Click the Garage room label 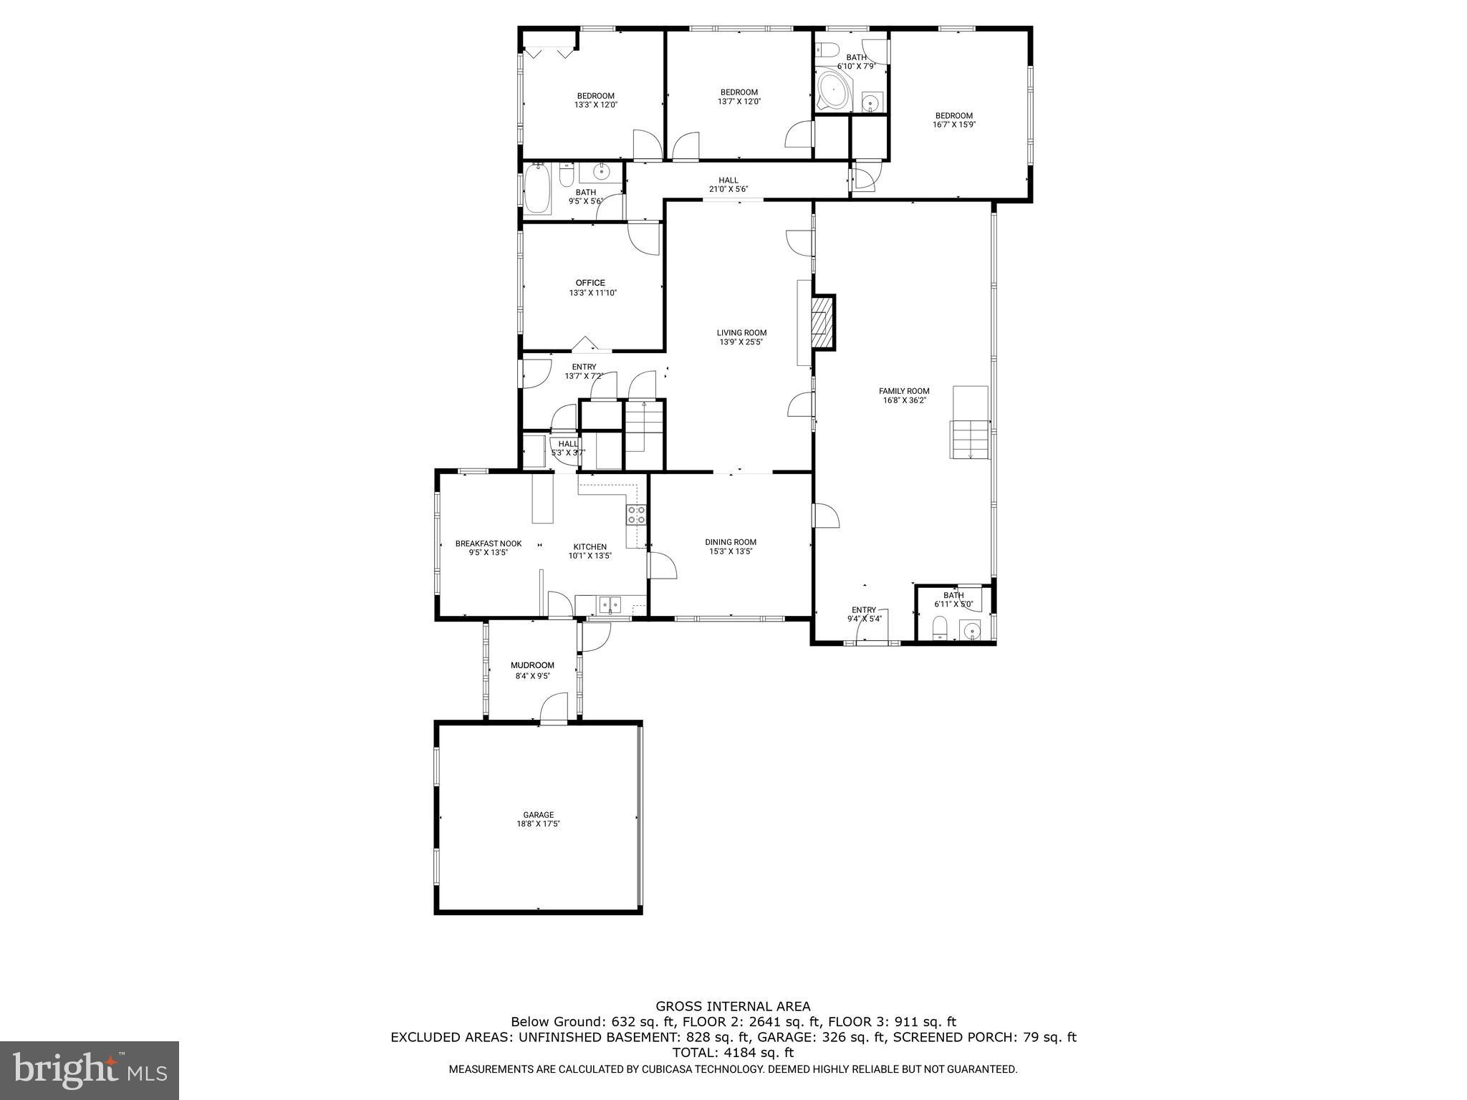(x=538, y=814)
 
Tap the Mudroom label (x=532, y=665)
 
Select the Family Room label (x=904, y=391)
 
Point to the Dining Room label (x=731, y=542)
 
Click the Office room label (x=590, y=283)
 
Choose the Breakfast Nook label (x=489, y=544)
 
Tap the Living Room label (x=741, y=332)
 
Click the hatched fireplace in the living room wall (x=823, y=322)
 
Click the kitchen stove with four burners (x=637, y=514)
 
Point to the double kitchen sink (x=610, y=605)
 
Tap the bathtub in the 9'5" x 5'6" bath (x=538, y=189)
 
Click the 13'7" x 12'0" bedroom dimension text (x=739, y=102)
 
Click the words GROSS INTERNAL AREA (x=733, y=1007)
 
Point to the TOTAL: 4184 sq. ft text (x=733, y=1053)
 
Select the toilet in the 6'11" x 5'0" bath (x=940, y=629)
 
